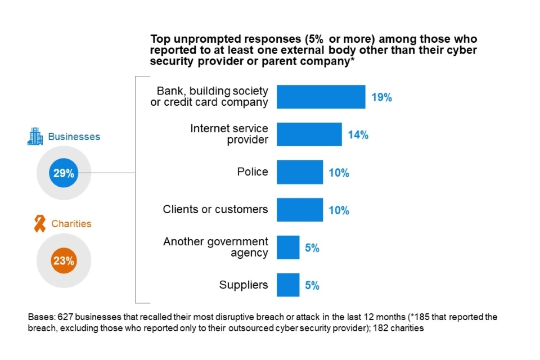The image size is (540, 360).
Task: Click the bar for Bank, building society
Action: [x=321, y=97]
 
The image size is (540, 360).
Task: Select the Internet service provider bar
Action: [x=309, y=134]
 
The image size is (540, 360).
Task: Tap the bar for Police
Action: [x=300, y=172]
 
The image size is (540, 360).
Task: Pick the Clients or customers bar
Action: [x=300, y=210]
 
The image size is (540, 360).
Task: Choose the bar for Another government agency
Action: [x=288, y=247]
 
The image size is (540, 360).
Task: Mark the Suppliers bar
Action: [x=288, y=285]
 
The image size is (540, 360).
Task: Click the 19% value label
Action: [x=381, y=97]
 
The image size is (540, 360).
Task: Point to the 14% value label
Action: [x=358, y=134]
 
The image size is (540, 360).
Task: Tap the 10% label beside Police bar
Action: [x=339, y=173]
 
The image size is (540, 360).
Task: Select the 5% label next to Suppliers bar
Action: [x=312, y=285]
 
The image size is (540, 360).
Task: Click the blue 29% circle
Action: [x=64, y=174]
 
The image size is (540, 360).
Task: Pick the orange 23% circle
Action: [x=64, y=260]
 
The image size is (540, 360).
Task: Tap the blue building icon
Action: [x=35, y=137]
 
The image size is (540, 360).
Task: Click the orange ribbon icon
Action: [x=40, y=224]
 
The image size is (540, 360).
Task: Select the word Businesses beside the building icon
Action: [x=74, y=137]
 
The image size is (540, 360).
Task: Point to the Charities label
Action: [x=71, y=224]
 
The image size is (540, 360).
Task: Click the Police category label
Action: [x=253, y=172]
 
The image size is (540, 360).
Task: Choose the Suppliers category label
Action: [x=244, y=285]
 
